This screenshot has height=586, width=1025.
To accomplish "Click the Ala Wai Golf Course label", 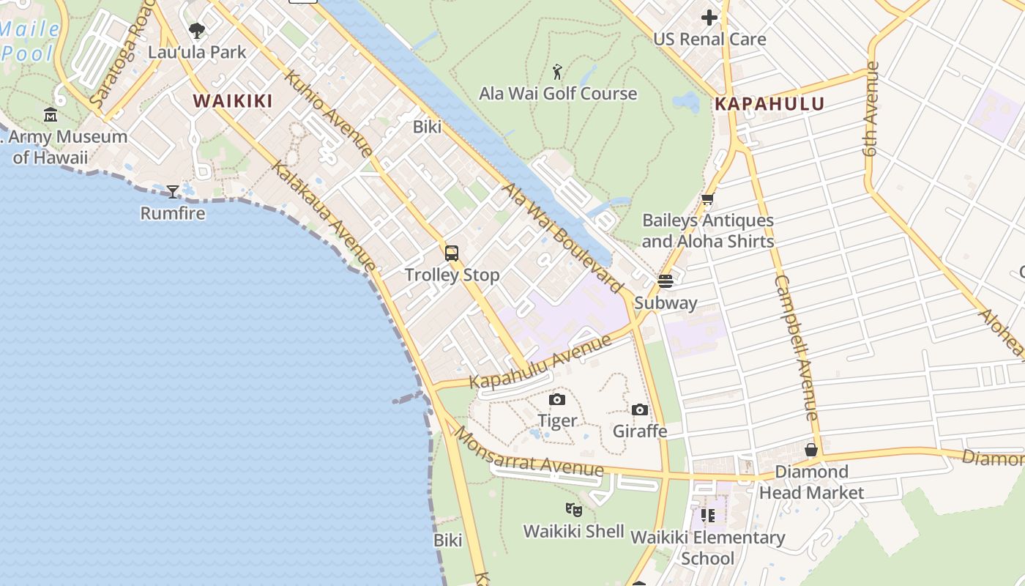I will [558, 94].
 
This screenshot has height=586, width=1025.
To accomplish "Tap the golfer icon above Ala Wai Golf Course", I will [558, 72].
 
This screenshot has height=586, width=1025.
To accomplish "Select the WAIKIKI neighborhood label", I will [233, 101].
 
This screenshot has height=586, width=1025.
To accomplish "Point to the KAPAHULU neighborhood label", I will [769, 104].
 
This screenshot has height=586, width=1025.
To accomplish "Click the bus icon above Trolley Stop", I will [452, 253].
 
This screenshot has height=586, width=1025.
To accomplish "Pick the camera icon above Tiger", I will [557, 399].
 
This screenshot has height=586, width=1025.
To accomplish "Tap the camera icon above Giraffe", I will [640, 409].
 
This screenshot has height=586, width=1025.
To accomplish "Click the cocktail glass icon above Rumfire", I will [173, 192].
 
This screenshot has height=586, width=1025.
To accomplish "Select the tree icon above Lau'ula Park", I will [196, 31].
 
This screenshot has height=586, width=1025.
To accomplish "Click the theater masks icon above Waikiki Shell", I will [574, 509].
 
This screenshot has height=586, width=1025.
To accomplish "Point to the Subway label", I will [666, 303].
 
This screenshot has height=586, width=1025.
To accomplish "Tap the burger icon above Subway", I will [666, 281].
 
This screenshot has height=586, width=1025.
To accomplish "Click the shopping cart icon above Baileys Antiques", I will [707, 199].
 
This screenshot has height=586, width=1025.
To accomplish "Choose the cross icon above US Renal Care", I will [709, 18].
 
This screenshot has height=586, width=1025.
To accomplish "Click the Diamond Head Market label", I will [811, 482].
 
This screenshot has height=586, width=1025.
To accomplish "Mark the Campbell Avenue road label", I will [796, 348].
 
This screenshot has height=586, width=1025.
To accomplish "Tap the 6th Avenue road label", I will [871, 109].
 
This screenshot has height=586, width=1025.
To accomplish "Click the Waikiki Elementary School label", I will [707, 548].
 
